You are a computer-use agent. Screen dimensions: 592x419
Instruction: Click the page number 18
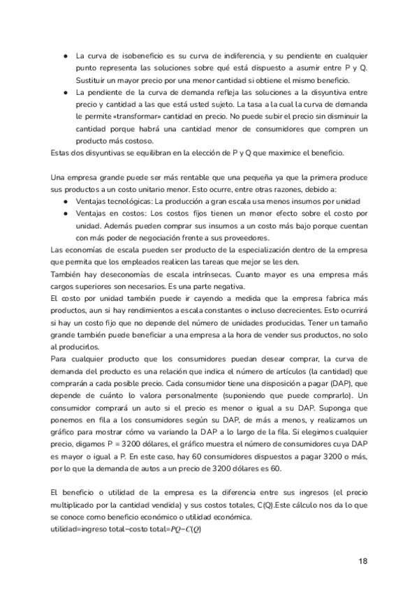(x=362, y=561)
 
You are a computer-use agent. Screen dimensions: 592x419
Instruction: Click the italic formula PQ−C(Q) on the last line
(x=182, y=529)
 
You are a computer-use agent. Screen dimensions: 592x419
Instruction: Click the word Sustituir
(x=94, y=80)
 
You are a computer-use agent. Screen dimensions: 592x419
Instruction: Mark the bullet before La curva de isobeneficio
(x=65, y=55)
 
